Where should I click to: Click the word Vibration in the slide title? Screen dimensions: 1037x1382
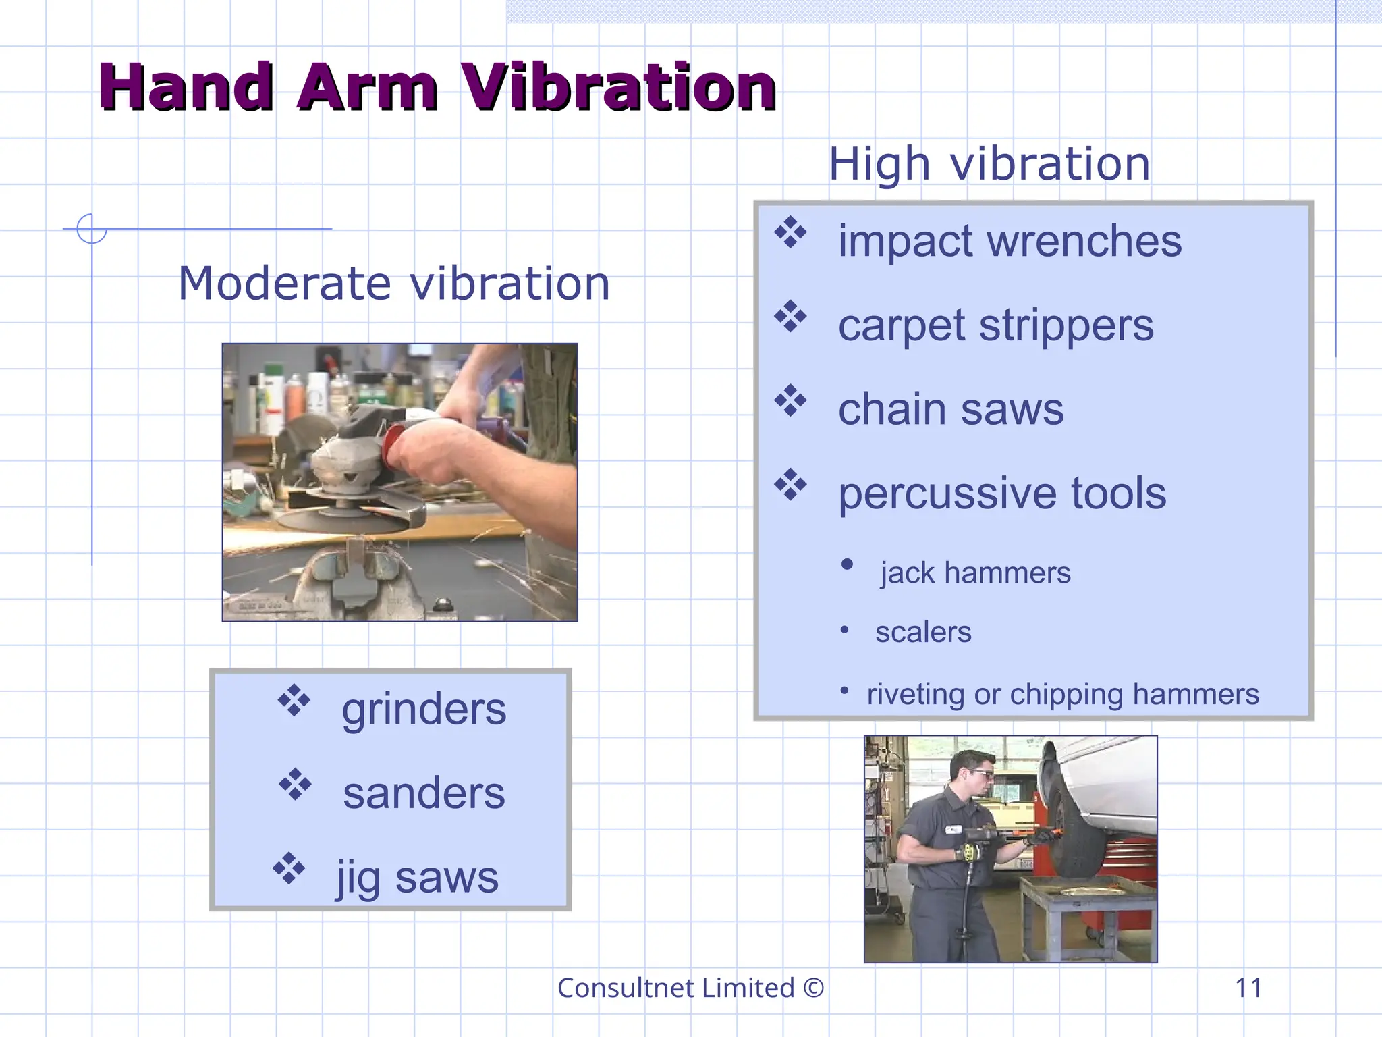[618, 88]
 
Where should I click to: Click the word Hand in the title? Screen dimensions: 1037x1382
[186, 88]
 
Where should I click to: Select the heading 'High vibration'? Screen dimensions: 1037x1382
[989, 164]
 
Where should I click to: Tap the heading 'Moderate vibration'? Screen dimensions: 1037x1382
[394, 284]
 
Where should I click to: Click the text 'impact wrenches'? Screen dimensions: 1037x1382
[1010, 241]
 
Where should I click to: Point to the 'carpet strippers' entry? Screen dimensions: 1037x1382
[996, 325]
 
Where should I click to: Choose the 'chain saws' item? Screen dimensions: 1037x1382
[951, 410]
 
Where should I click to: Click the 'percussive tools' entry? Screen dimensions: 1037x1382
[1002, 494]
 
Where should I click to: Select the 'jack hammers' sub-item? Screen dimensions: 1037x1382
[975, 573]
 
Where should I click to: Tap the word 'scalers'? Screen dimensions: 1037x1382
[923, 633]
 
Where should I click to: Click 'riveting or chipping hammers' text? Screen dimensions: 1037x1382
[1063, 694]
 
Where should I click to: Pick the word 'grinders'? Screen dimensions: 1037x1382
[424, 710]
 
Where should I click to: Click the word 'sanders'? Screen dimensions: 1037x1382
[424, 793]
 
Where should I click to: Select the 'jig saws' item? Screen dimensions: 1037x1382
[418, 878]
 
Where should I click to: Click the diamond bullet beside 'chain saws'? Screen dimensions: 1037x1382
[790, 401]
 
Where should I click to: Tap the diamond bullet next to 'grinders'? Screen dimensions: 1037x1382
[294, 700]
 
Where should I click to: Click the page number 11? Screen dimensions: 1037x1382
[1248, 988]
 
